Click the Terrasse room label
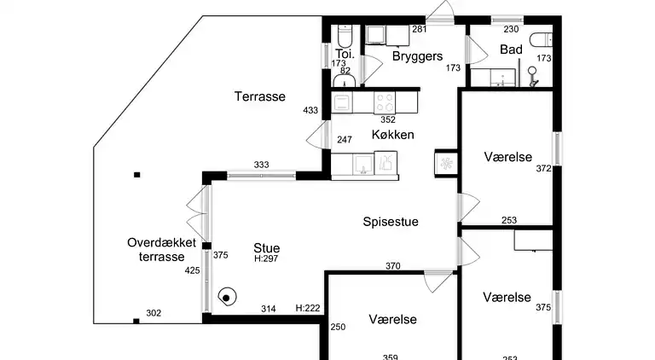260,96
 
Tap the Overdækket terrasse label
162,250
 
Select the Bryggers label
417,56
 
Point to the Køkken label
392,135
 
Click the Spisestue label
391,222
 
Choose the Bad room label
512,49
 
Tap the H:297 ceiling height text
266,258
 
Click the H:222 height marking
308,308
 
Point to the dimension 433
310,110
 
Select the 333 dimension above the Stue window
262,165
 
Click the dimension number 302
154,313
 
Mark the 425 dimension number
192,270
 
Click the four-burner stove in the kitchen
385,102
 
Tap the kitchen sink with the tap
363,164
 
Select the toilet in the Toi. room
345,36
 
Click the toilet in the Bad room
541,40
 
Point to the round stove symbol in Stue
227,298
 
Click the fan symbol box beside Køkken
447,163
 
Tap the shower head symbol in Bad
532,76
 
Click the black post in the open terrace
137,175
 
